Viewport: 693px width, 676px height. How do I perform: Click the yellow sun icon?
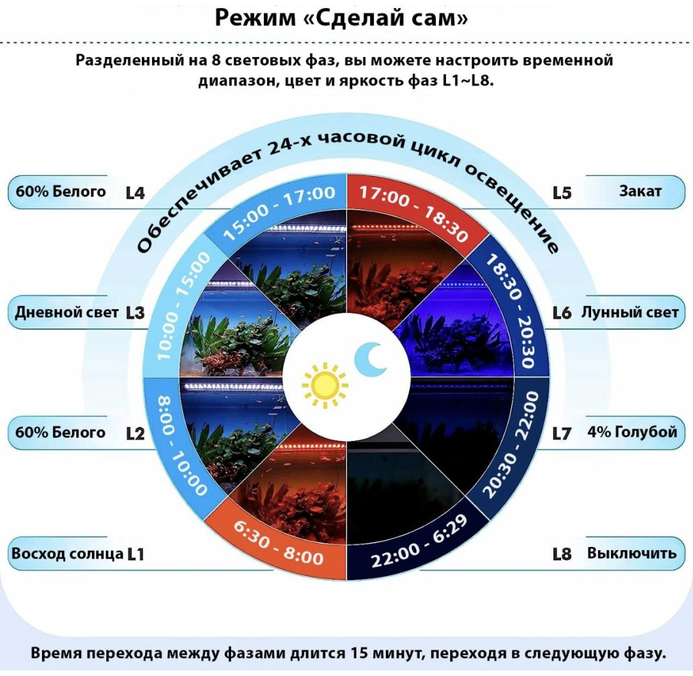pos(325,386)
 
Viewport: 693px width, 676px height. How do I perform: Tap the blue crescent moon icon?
pos(372,358)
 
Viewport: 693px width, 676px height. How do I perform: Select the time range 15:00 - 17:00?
pos(279,212)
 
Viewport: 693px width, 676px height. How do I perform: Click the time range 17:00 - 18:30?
pos(413,213)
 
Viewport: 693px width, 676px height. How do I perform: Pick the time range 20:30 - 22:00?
pos(510,444)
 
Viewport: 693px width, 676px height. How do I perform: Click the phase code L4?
pos(135,193)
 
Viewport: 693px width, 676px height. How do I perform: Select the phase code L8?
pos(562,554)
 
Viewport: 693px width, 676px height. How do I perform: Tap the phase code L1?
pos(136,554)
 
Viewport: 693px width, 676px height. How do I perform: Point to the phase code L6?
pos(562,313)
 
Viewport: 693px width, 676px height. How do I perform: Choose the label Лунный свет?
pos(629,312)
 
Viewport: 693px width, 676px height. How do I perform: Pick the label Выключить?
pos(632,553)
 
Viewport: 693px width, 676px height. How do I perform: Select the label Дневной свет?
pos(66,312)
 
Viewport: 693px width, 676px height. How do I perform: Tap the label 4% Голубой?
pos(632,432)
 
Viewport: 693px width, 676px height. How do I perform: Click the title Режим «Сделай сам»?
pos(341,19)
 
